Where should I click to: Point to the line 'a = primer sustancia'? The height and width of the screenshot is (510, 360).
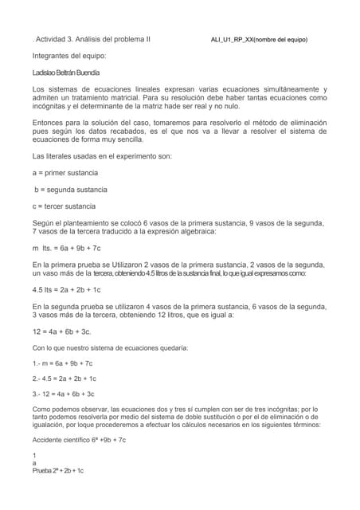(x=65, y=172)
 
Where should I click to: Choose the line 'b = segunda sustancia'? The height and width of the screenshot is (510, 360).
(x=70, y=190)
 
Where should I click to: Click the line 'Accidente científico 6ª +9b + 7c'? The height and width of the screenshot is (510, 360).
(x=79, y=440)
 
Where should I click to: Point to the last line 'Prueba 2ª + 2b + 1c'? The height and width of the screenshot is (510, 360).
(x=58, y=471)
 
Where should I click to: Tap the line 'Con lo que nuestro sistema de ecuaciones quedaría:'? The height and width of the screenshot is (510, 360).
(x=110, y=348)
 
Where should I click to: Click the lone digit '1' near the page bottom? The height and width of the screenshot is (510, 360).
(x=34, y=455)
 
